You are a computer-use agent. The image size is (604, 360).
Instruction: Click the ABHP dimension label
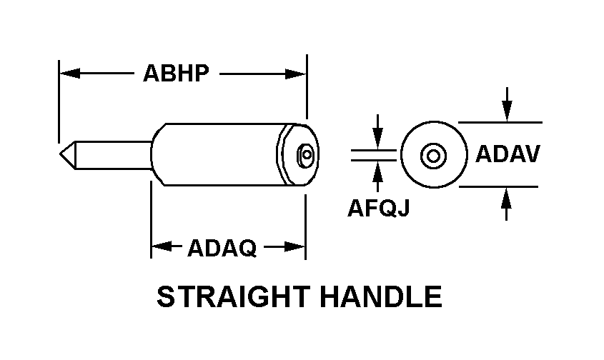point(176,73)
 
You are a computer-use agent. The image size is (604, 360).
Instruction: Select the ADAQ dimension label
point(222,248)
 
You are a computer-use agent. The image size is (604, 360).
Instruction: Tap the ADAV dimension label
point(508,154)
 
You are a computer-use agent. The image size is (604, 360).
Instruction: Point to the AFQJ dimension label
point(378,208)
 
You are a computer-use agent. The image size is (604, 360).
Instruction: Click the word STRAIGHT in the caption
point(234,296)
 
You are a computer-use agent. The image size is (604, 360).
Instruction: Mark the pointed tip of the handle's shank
point(60,154)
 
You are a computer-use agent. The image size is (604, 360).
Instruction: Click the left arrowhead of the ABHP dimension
point(70,73)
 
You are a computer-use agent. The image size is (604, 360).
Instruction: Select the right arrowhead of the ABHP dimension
point(295,74)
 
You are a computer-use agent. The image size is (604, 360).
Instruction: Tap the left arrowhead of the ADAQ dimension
point(162,246)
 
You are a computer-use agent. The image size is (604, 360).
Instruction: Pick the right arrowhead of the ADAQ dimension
point(294,246)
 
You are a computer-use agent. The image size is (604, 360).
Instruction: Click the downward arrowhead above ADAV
point(508,111)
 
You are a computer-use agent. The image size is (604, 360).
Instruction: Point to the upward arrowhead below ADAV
point(507,198)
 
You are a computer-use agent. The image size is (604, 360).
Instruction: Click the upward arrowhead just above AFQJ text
point(378,171)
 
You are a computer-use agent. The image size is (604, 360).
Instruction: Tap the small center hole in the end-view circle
point(433,156)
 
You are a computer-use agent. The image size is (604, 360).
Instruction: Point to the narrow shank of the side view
point(112,155)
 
